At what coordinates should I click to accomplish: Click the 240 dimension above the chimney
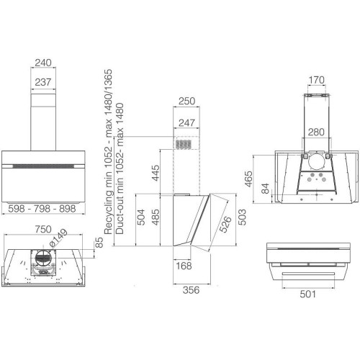click(43, 63)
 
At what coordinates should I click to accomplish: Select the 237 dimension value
click(43, 82)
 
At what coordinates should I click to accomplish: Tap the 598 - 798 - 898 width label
click(42, 209)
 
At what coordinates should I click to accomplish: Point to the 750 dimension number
click(43, 229)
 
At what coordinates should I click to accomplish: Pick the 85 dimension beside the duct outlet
click(99, 243)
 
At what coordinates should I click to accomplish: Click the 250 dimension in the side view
click(186, 101)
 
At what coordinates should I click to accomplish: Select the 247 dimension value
click(186, 123)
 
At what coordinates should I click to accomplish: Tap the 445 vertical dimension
click(156, 173)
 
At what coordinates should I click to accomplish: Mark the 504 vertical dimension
click(141, 217)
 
